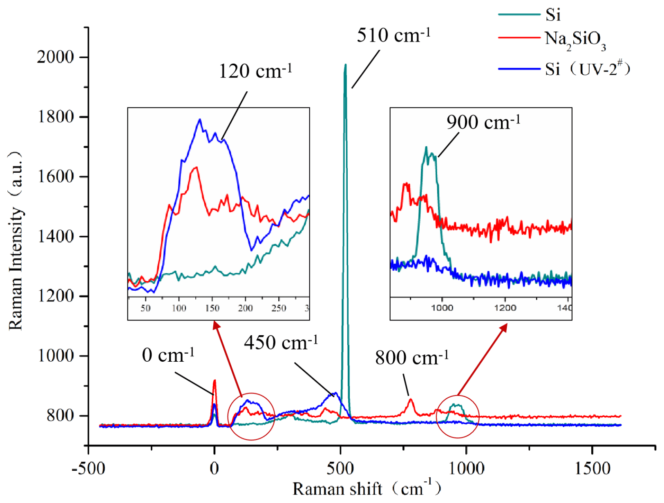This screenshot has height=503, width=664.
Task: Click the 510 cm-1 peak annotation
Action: click(393, 36)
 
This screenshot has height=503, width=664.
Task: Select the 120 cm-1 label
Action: click(255, 71)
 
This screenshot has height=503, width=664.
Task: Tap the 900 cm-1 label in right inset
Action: click(483, 122)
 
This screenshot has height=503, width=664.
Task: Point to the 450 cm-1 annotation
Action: click(281, 343)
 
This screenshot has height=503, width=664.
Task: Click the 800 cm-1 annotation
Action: click(412, 358)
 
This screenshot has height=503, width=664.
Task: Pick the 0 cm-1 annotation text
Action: click(168, 355)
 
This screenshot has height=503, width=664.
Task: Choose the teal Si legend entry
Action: click(552, 15)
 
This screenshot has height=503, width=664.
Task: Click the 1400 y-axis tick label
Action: click(56, 236)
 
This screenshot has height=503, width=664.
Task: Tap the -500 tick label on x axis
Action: click(88, 468)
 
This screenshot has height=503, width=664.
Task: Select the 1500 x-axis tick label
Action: click(592, 468)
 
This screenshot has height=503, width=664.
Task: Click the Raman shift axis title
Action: click(367, 488)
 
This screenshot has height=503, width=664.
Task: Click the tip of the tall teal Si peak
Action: click(346, 65)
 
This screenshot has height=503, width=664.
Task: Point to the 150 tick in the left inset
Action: click(212, 308)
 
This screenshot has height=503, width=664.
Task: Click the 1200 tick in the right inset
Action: click(505, 308)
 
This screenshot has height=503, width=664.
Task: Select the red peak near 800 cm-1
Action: click(411, 400)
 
